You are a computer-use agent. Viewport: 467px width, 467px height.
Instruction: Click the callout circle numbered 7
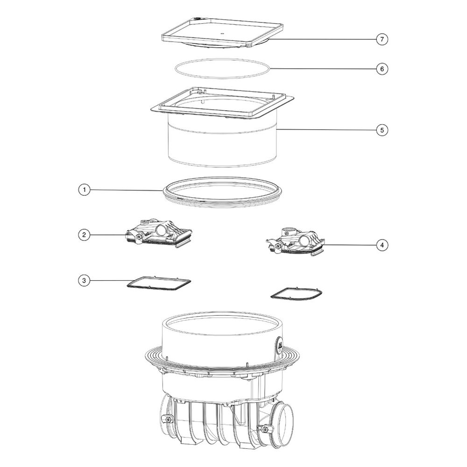382,39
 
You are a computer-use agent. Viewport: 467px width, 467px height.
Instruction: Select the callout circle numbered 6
382,69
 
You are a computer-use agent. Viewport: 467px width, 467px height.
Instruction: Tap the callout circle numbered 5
382,130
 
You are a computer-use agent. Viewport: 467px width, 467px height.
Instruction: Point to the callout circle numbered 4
382,245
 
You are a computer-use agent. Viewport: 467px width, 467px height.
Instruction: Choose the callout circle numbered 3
84,280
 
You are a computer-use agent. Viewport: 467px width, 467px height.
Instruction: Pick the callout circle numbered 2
84,235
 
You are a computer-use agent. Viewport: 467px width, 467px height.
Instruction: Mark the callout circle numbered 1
84,190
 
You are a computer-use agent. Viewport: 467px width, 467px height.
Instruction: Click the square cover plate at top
222,33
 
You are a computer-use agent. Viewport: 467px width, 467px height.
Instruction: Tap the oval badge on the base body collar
280,347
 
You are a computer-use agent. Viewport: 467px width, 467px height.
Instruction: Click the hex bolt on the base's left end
167,419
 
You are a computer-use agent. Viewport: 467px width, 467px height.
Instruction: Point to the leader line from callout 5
326,130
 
